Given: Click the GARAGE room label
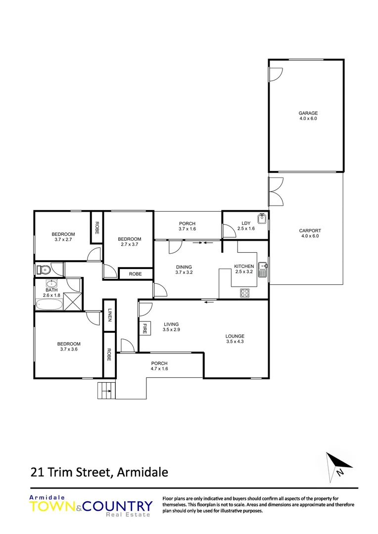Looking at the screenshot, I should (x=308, y=113).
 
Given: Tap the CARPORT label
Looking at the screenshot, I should (x=310, y=230).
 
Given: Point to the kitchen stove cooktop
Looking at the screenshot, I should (x=245, y=292).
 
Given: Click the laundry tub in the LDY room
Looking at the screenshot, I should (x=262, y=218).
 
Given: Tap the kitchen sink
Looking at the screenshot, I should (x=263, y=269).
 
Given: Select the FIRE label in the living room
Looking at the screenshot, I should (x=145, y=328).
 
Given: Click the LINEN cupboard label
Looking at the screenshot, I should (x=109, y=315).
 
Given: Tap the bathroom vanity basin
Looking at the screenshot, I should (x=52, y=284).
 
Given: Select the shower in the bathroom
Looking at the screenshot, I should (x=74, y=301).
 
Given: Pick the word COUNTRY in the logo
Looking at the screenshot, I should (x=119, y=506).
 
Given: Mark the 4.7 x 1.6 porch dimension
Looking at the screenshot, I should (x=159, y=369).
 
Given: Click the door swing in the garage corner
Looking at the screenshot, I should (x=275, y=74).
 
